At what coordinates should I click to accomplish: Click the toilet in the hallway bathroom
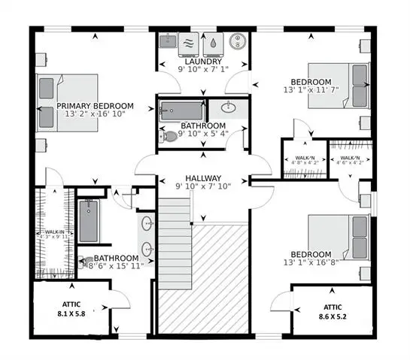[169, 137]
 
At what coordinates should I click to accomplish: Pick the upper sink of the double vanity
[147, 222]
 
